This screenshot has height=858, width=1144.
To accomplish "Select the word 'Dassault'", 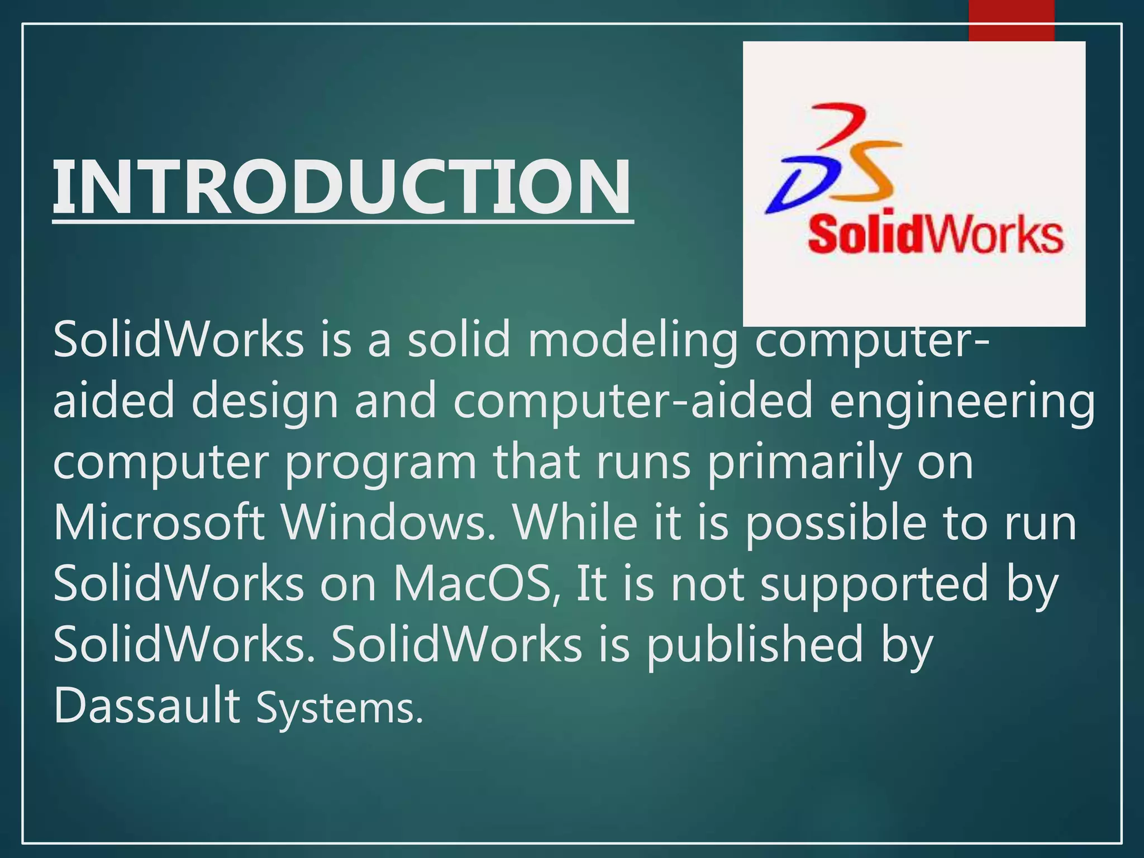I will [146, 706].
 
